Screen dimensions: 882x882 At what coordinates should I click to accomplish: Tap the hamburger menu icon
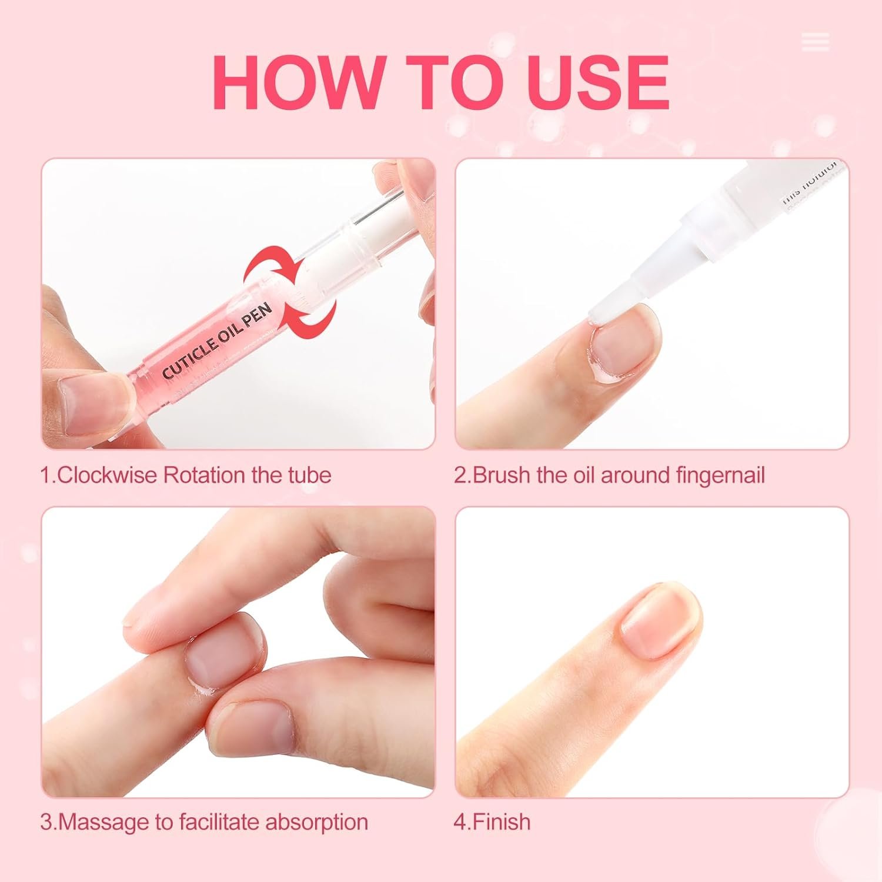tap(815, 42)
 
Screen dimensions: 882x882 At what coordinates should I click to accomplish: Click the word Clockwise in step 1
tap(108, 475)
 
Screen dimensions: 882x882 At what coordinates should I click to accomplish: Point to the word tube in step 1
tap(309, 475)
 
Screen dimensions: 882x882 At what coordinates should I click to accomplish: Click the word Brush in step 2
tap(501, 475)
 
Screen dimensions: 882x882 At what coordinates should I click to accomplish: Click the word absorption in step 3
tap(317, 821)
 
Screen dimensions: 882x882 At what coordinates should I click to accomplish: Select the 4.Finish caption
tap(492, 821)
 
